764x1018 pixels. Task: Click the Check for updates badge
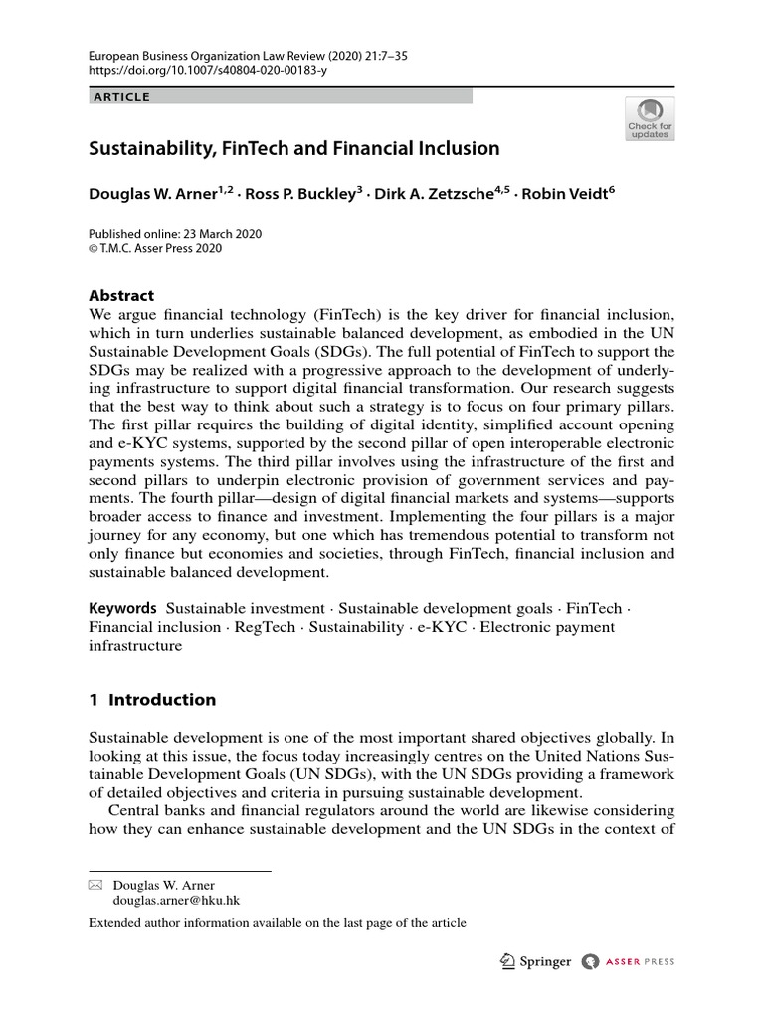coord(649,118)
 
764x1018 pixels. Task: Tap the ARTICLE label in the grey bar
coord(120,97)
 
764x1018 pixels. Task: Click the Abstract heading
coord(121,296)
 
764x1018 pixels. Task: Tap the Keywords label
coord(122,608)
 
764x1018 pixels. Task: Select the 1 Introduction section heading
coord(152,700)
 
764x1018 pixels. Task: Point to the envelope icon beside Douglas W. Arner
coord(95,885)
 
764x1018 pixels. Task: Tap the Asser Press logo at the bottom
coord(629,961)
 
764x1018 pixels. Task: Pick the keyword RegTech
coord(266,627)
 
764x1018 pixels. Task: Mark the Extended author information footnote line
coord(278,923)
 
